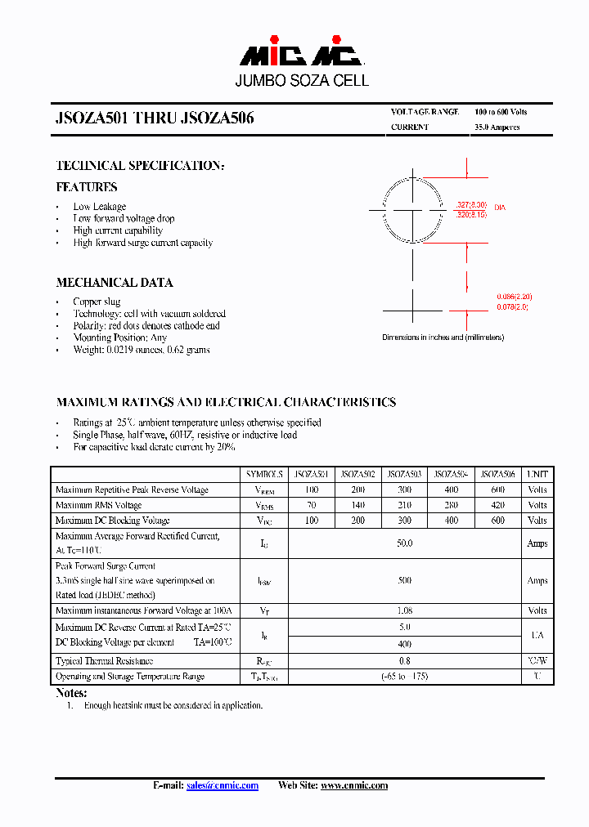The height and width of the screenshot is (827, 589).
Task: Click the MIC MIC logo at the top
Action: tap(300, 55)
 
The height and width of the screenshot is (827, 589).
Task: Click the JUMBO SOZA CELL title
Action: tap(302, 81)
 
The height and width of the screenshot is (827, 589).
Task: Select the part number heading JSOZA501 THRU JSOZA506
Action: tap(155, 118)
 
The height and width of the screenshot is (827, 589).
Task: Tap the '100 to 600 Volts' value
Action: tap(500, 112)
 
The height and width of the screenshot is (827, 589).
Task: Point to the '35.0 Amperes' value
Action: tap(497, 127)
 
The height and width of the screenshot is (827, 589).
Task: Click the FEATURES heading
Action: tap(86, 187)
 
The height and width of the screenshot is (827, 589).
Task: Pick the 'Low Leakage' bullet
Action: tap(99, 207)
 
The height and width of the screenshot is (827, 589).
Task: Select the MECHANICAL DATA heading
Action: tap(114, 283)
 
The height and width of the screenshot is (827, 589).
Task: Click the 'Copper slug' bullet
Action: tap(97, 302)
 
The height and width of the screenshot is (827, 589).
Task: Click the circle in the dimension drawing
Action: tap(413, 210)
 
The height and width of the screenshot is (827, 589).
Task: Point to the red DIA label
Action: tap(499, 208)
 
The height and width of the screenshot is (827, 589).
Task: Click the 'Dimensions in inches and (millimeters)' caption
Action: tap(443, 338)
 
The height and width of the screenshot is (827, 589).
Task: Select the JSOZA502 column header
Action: tap(357, 474)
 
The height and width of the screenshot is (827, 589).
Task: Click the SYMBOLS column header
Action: tap(264, 474)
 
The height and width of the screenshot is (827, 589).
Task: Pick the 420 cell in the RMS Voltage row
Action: tap(497, 505)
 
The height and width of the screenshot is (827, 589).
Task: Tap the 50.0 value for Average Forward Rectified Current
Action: tap(404, 543)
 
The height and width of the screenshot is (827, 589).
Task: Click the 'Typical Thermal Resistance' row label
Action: tap(104, 661)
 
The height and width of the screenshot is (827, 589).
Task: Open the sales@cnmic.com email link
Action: tap(222, 785)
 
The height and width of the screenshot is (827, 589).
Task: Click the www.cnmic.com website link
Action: tap(353, 785)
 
